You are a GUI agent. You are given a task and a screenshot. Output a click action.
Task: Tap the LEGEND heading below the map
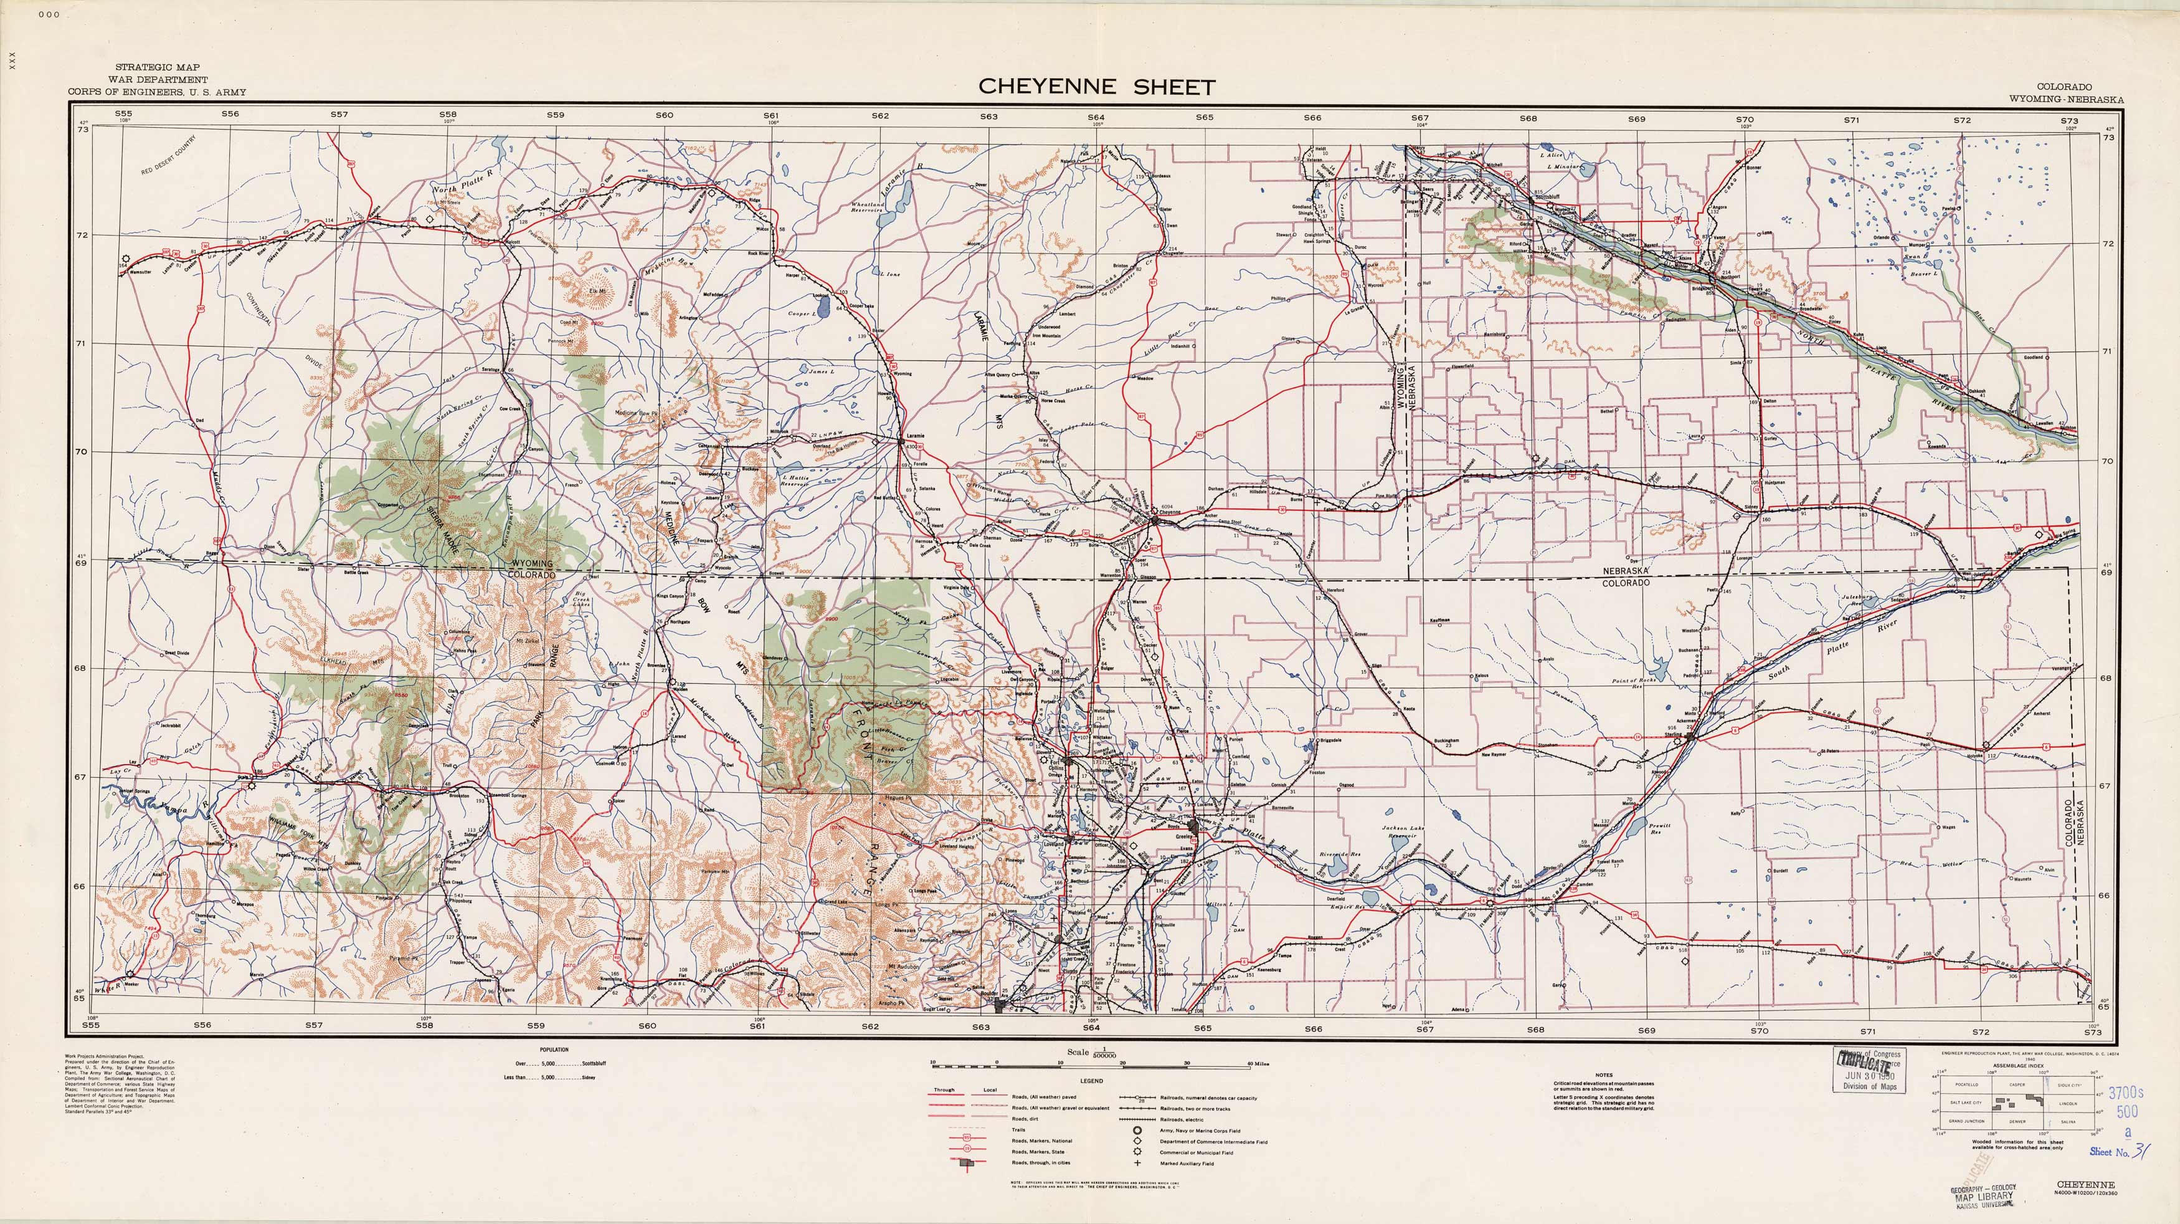[x=1092, y=1081]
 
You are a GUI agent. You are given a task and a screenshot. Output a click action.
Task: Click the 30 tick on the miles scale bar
[x=1187, y=1064]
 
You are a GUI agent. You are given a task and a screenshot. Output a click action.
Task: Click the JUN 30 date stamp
[x=1870, y=1077]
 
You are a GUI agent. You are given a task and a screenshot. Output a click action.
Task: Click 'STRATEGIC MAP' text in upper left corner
[x=158, y=67]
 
